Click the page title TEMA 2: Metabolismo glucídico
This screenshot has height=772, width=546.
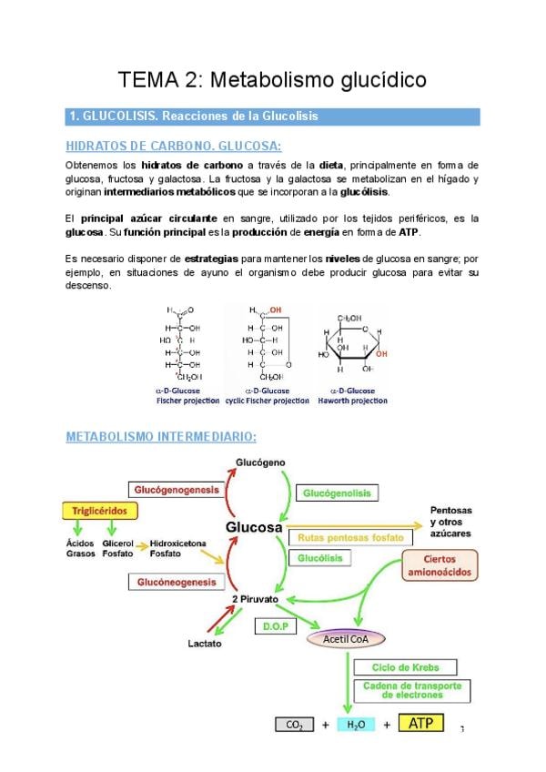pos(273,79)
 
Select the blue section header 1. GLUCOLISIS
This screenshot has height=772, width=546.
pos(273,117)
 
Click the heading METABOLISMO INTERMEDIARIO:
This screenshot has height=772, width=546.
pos(161,437)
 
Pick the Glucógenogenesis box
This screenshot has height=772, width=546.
pos(177,490)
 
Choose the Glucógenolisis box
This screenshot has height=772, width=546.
pos(338,493)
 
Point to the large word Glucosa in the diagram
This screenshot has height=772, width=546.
pos(254,528)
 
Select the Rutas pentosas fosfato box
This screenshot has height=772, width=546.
pos(350,537)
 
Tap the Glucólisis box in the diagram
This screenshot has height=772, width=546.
pos(318,557)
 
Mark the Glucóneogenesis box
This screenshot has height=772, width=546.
pos(177,580)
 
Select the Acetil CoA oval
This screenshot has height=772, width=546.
pos(350,639)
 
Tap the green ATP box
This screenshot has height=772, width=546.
pos(420,724)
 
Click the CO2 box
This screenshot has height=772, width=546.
pos(294,725)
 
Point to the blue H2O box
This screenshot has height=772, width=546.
pos(356,725)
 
